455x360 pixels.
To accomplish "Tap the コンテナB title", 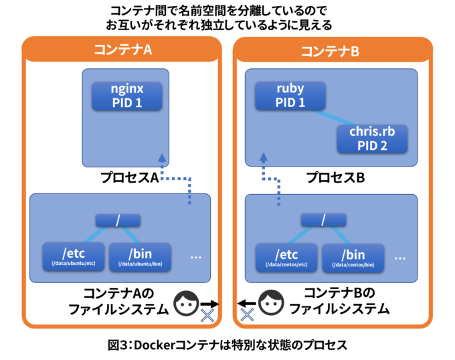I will [330, 51].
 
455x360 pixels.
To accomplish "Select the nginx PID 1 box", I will [127, 96].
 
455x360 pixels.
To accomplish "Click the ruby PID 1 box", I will [290, 96].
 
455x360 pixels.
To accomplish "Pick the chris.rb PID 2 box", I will [372, 139].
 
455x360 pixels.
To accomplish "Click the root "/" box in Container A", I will [118, 219].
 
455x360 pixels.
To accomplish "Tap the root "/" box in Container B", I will [323, 219].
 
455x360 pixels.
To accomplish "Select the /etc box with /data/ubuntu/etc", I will [74, 257].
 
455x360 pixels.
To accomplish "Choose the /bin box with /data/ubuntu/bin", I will [140, 257].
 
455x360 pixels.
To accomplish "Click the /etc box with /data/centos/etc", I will [286, 257].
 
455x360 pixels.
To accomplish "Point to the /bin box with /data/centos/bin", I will [353, 257].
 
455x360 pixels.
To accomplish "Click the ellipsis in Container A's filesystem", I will [196, 257].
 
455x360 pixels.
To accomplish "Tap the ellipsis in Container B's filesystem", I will [400, 257].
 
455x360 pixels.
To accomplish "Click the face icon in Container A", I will [185, 303].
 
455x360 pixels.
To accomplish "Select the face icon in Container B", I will [271, 302].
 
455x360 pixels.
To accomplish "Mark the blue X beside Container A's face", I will [207, 314].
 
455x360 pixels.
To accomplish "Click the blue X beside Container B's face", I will [247, 314].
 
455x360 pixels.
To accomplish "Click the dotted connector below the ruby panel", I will [271, 179].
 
